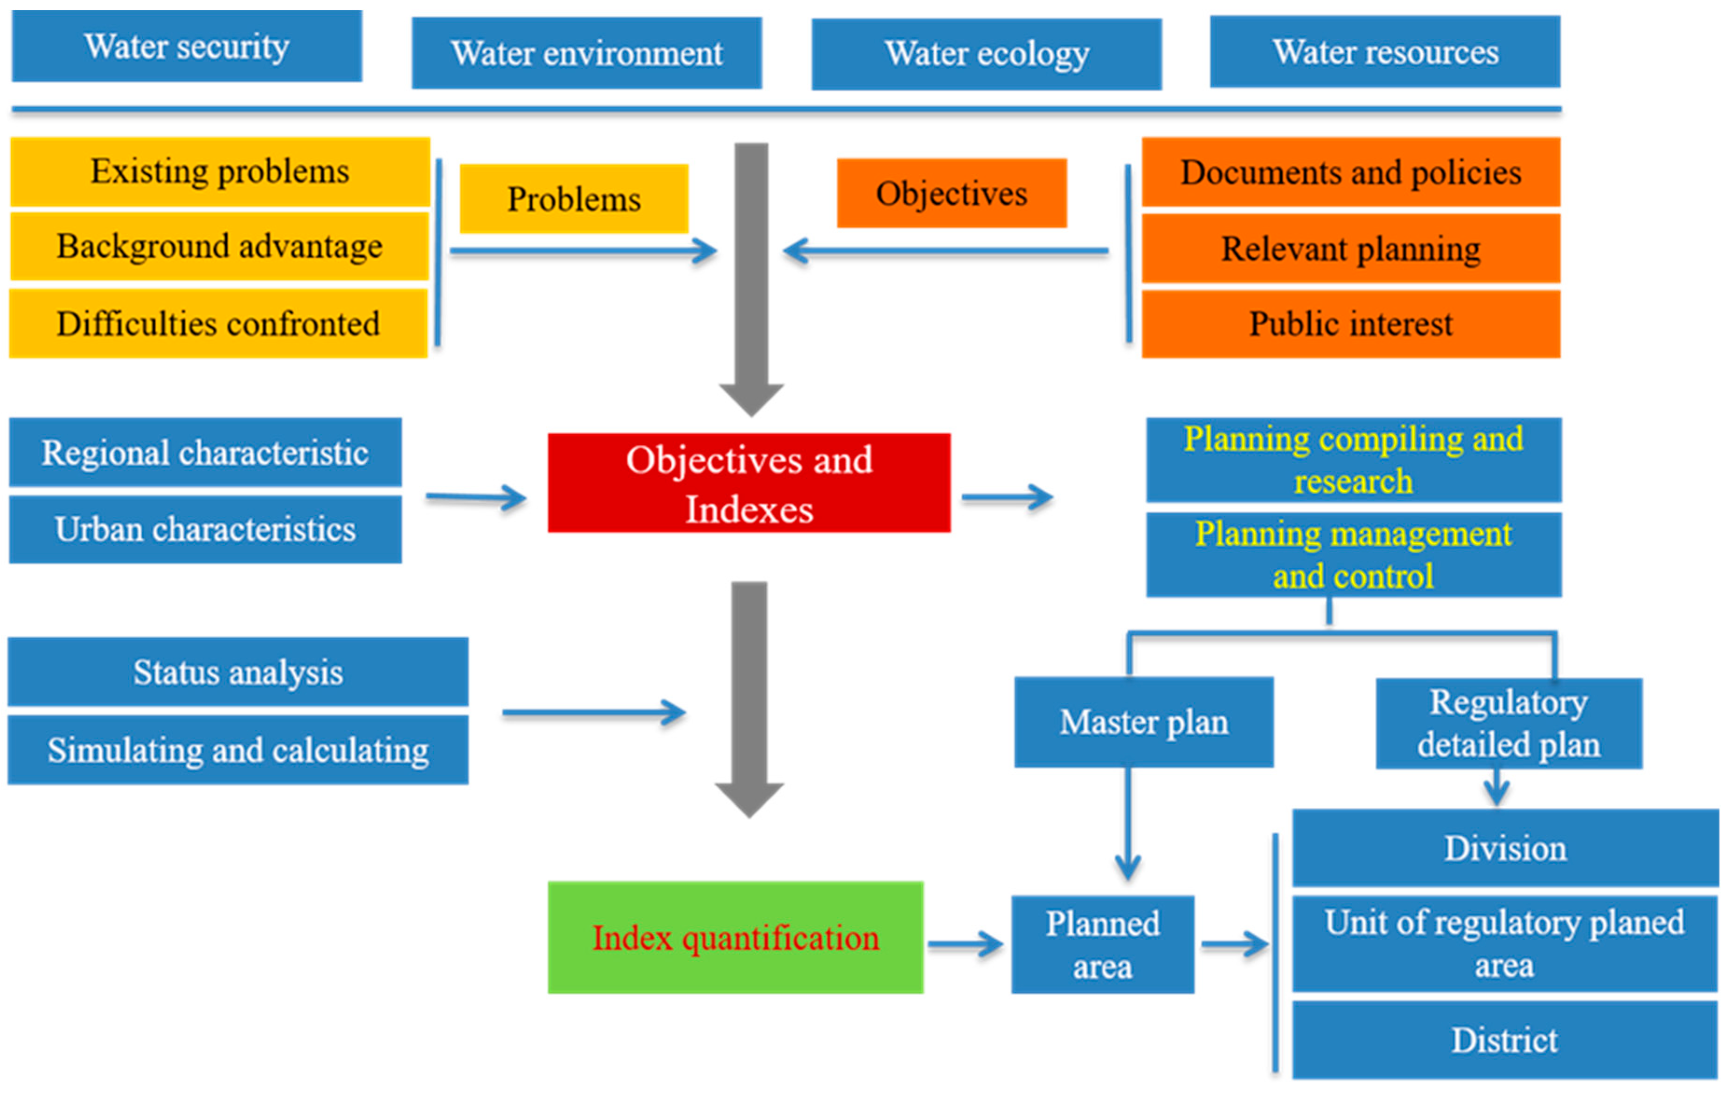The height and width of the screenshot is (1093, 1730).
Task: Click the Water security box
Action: tap(187, 46)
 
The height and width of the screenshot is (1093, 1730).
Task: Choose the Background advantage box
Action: tap(219, 246)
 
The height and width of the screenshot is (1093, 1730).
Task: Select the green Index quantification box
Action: tap(735, 937)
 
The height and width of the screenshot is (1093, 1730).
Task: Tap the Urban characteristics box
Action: tap(205, 529)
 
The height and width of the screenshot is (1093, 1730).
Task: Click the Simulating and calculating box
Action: tap(238, 750)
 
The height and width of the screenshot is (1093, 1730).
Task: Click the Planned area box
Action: tap(1102, 944)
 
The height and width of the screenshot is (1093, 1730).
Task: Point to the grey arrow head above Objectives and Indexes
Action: tap(751, 399)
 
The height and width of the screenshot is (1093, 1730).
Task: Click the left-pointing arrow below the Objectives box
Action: tap(945, 251)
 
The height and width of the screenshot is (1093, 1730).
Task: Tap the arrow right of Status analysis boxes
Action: tap(593, 712)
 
